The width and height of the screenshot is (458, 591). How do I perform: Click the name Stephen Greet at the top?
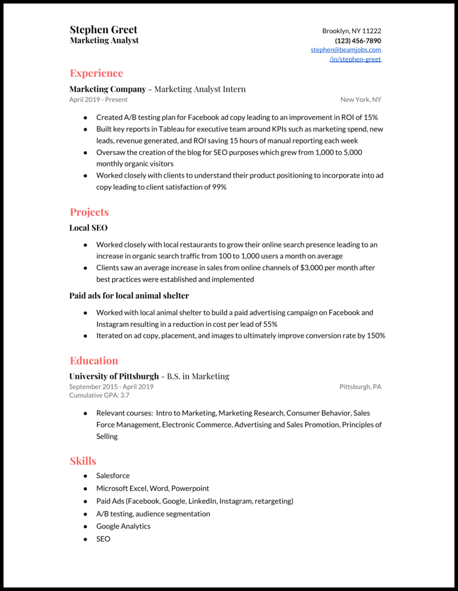point(104,30)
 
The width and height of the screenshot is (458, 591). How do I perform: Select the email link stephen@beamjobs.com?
point(346,50)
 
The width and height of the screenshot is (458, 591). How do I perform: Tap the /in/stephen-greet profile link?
point(355,59)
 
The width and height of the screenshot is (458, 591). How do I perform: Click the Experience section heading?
point(96,73)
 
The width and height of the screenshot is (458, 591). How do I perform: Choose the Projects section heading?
point(89,212)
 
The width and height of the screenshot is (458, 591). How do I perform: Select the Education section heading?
point(94,360)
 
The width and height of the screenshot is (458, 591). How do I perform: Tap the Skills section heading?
point(83,461)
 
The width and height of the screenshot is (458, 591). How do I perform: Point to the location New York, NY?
point(361,100)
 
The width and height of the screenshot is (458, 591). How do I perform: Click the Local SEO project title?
point(88,228)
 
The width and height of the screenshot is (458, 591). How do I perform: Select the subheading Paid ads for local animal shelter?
point(129,296)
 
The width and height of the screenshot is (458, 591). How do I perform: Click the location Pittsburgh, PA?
point(360,387)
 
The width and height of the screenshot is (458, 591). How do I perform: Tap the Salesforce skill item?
point(113,476)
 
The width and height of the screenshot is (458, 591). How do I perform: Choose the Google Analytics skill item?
point(123,526)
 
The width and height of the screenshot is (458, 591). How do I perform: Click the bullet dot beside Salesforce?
point(85,476)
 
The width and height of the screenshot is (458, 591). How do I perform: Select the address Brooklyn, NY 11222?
point(352,31)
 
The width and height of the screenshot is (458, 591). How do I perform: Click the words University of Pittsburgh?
point(114,376)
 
